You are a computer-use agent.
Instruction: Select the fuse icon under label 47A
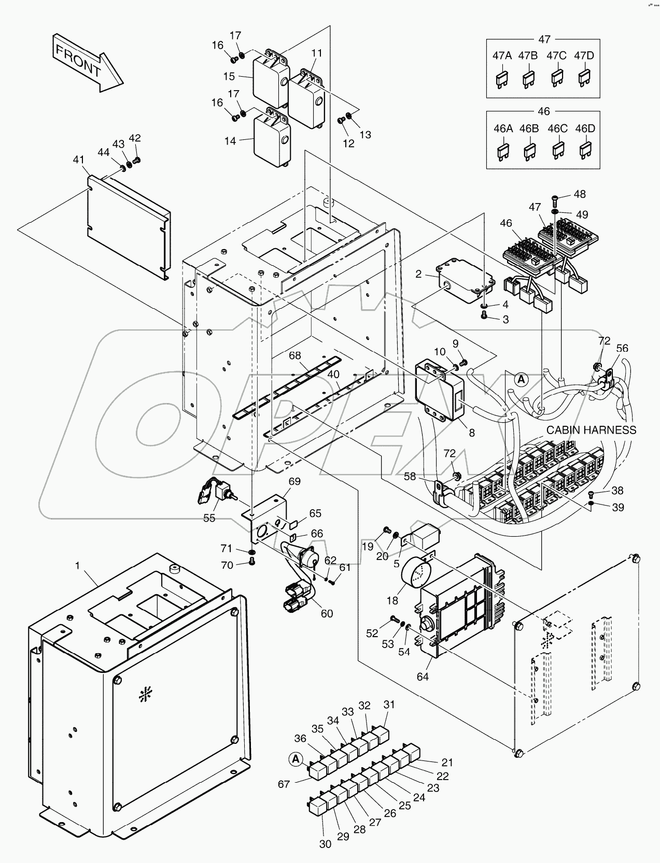click(501, 79)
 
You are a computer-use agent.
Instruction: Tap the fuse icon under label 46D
click(585, 151)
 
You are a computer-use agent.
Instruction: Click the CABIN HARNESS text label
click(591, 430)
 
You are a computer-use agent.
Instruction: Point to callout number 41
click(78, 161)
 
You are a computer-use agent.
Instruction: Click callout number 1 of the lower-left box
click(78, 566)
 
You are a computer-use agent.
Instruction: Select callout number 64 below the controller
click(423, 677)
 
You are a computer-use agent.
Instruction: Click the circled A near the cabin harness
click(522, 379)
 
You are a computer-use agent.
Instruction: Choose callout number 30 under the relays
click(325, 844)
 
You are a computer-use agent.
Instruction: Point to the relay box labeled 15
click(270, 80)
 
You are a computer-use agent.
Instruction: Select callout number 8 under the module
click(471, 433)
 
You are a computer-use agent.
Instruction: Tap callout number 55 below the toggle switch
click(209, 518)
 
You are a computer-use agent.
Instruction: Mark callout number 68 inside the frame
click(295, 356)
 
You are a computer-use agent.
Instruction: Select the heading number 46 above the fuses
click(544, 111)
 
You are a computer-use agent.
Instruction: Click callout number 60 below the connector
click(327, 614)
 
